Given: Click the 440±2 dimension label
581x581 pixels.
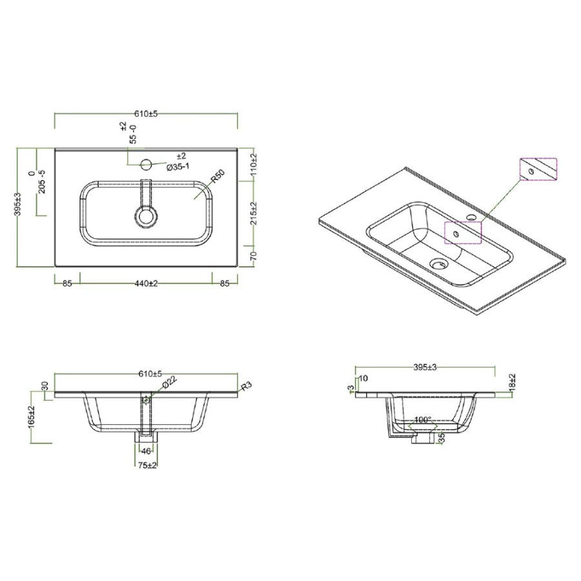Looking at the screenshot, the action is pyautogui.click(x=147, y=283).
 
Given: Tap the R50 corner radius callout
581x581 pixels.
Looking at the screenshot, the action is pyautogui.click(x=218, y=176).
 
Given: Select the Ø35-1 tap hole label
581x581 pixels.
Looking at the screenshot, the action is pyautogui.click(x=178, y=167).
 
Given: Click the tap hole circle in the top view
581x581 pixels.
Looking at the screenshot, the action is pyautogui.click(x=147, y=164).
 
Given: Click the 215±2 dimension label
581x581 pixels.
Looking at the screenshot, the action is pyautogui.click(x=254, y=214).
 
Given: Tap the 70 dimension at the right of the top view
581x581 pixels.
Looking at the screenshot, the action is pyautogui.click(x=254, y=256).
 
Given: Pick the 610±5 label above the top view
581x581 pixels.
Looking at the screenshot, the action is pyautogui.click(x=146, y=114).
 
